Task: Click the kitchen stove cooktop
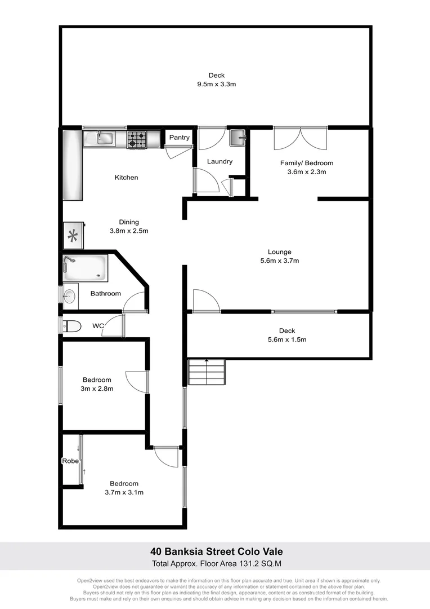pos(137,139)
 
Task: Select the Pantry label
pos(180,138)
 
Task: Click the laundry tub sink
pos(238,137)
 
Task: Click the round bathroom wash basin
pos(69,295)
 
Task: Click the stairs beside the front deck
pos(207,372)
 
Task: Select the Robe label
pos(70,461)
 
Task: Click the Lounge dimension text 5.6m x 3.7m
pos(280,261)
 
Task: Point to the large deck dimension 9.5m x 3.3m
pos(216,84)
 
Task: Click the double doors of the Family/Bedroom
pos(300,139)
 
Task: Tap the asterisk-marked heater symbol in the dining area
pos(73,236)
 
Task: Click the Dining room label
pos(128,222)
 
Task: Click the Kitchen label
pos(126,178)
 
